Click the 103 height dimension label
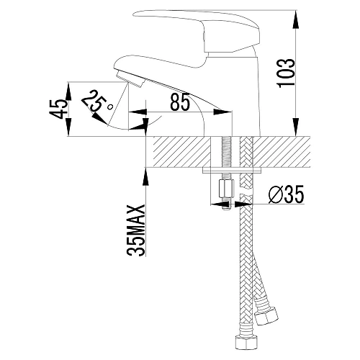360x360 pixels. [x=286, y=73]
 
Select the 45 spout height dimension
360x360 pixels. [x=58, y=109]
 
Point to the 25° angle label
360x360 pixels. [x=96, y=102]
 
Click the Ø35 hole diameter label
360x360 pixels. [x=287, y=194]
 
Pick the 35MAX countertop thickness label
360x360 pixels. [x=136, y=230]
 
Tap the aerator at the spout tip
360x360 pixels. [x=130, y=79]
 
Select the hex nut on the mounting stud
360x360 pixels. [x=226, y=189]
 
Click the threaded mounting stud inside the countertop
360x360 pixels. [x=226, y=152]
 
